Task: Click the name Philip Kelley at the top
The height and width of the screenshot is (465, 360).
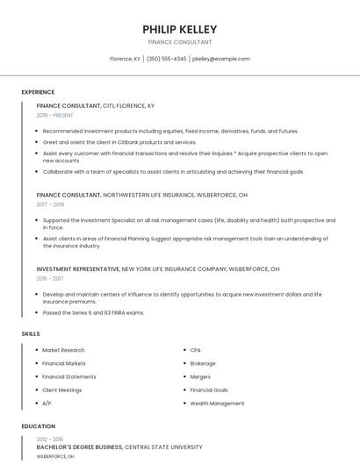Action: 179,29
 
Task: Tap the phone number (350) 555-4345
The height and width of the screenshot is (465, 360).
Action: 167,59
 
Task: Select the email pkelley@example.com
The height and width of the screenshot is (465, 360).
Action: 221,59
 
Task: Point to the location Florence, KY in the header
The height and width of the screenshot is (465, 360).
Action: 125,59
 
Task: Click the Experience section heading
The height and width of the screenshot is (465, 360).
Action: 38,92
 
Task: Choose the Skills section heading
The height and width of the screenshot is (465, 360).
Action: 30,334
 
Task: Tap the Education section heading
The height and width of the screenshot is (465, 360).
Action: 38,426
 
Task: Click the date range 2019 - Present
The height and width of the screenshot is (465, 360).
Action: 55,115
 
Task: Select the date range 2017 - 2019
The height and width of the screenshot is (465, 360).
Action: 51,204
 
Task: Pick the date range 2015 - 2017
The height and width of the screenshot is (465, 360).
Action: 51,278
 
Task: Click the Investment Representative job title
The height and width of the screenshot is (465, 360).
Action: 78,268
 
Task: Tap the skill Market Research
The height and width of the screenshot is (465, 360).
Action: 63,350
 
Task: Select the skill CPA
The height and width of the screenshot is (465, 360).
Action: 197,350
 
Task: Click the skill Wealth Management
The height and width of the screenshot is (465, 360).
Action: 217,404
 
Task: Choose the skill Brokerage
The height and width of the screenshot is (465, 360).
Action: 203,363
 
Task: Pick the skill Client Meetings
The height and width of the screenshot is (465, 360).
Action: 61,390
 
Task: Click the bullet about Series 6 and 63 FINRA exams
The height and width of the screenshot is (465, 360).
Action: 93,312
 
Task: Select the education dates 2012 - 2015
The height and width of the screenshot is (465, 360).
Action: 50,438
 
